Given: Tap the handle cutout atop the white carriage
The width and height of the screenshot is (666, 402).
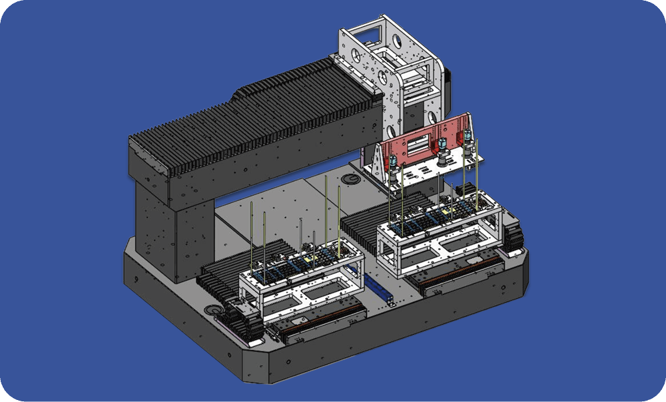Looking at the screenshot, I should (x=365, y=29).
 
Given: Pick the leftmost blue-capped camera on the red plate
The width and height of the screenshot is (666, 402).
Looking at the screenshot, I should (x=394, y=163).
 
